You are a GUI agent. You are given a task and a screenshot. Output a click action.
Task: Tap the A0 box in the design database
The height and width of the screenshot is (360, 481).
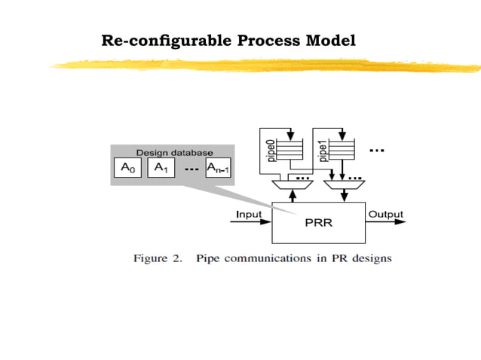127,168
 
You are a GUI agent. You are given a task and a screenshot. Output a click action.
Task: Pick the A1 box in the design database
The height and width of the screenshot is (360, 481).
160,168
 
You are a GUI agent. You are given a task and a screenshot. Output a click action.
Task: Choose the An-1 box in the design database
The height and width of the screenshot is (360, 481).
219,168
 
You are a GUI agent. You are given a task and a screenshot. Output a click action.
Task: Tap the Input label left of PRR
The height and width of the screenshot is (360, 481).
249,214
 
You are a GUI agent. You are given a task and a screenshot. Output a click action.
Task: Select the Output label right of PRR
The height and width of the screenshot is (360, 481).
385,214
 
